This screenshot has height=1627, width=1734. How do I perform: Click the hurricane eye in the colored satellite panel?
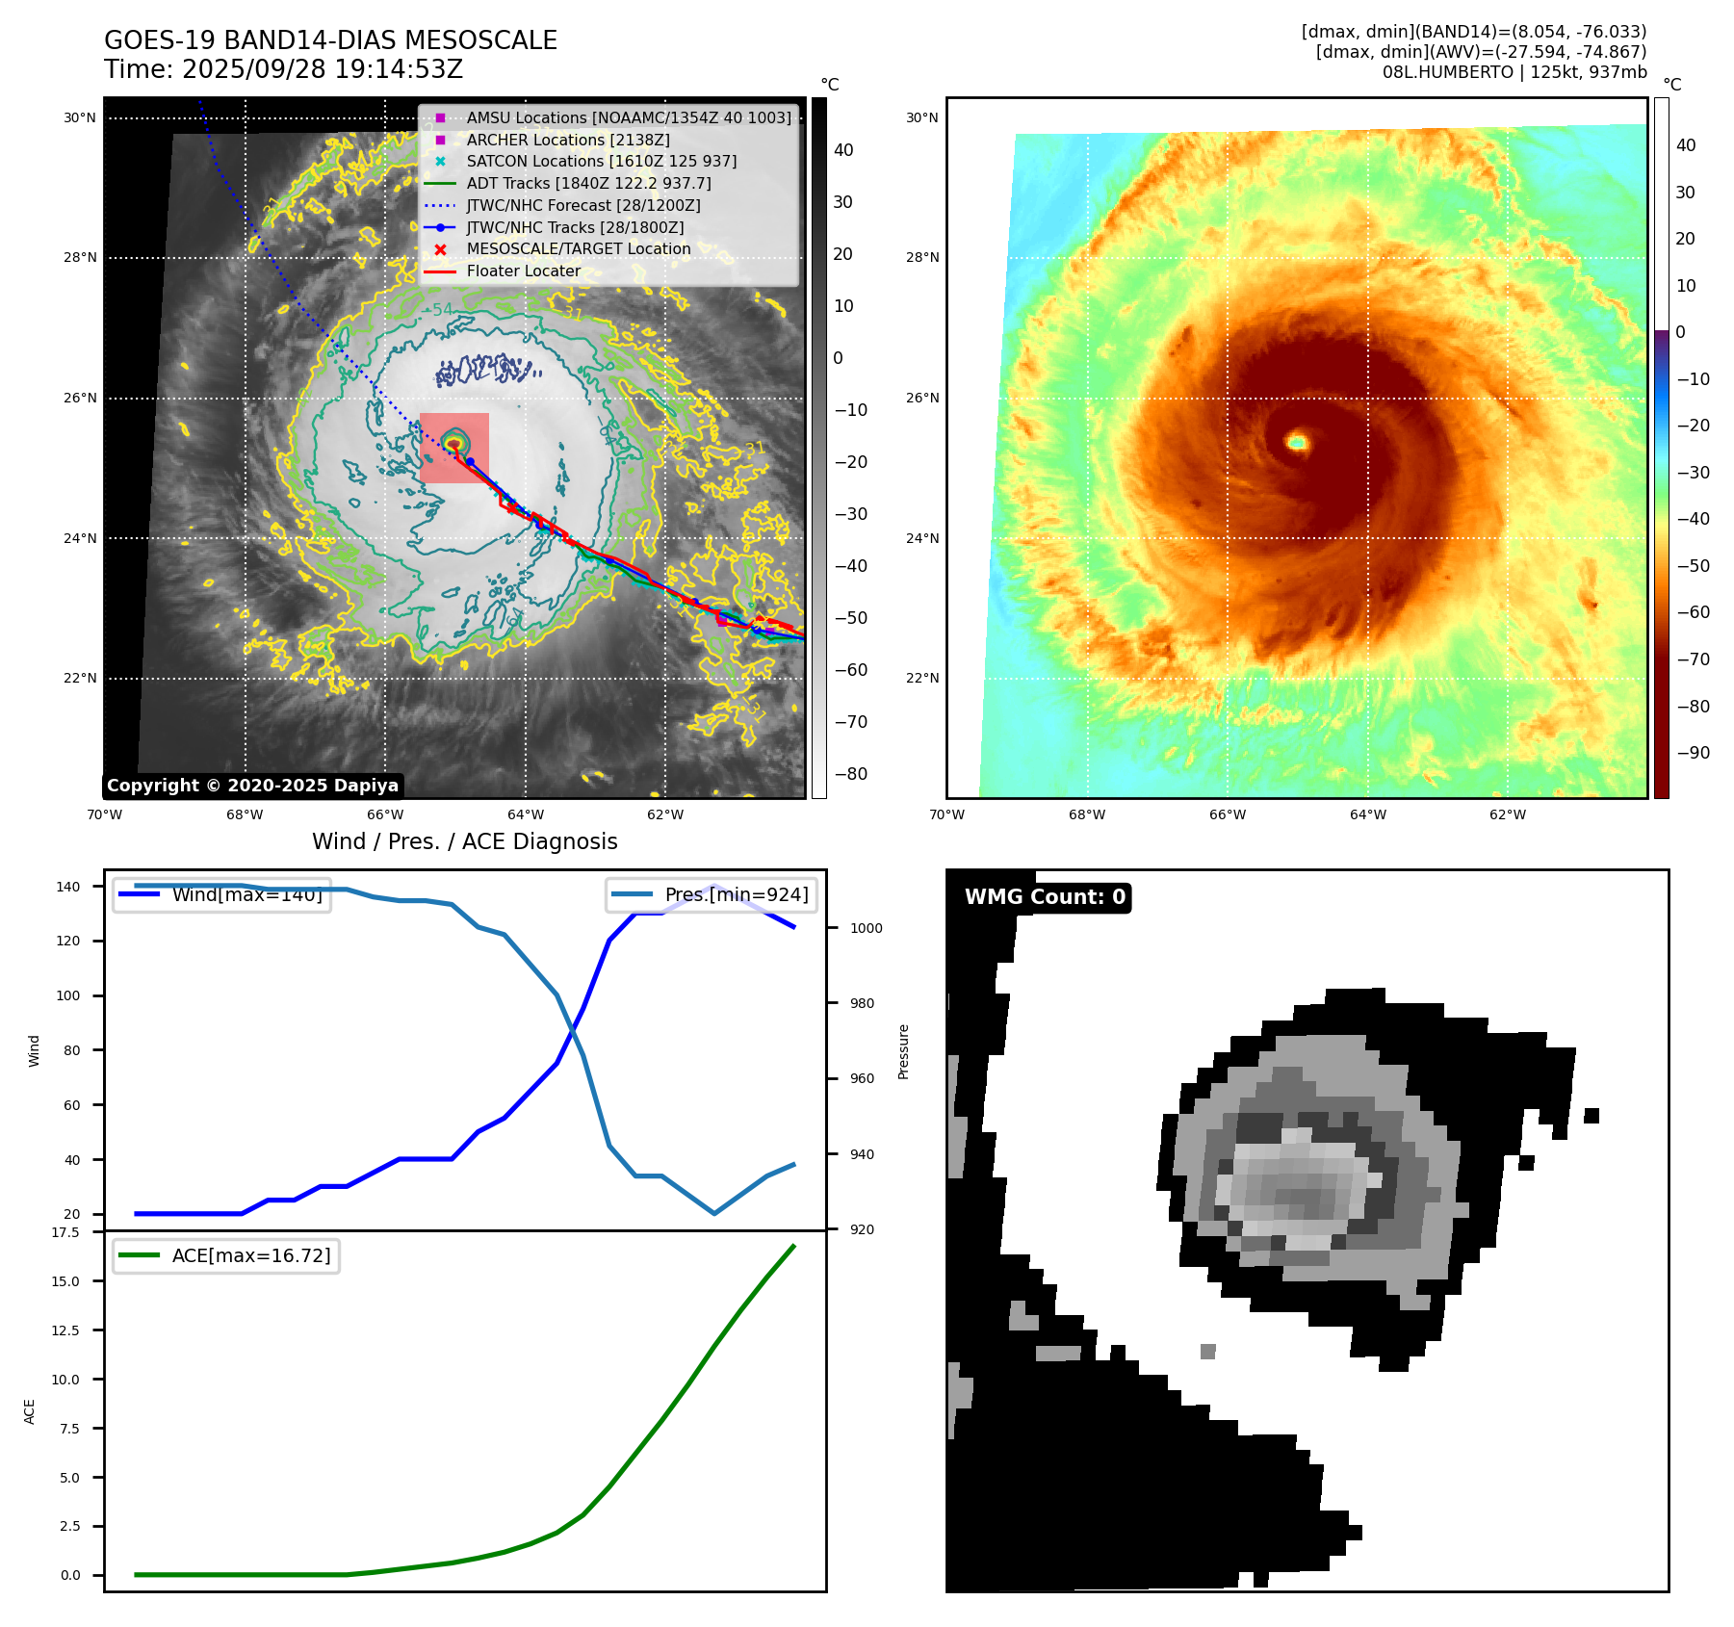point(1298,443)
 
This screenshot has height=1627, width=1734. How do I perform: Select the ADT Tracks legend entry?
point(588,183)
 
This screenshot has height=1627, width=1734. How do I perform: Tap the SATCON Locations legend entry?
point(601,161)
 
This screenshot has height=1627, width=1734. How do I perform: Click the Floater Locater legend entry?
point(523,271)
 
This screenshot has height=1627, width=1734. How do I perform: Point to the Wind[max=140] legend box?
point(221,895)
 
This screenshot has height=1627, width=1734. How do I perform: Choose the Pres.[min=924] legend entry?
point(712,895)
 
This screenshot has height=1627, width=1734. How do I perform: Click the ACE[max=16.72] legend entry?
point(227,1255)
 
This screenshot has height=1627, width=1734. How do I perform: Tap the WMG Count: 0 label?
point(1045,897)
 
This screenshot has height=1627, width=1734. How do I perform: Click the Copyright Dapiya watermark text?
point(252,786)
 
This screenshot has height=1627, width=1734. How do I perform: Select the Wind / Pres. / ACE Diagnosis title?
point(464,841)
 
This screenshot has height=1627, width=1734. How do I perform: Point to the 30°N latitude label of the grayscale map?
point(80,118)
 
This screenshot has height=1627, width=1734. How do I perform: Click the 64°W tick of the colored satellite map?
point(1367,814)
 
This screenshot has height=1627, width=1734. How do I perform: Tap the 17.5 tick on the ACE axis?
point(66,1232)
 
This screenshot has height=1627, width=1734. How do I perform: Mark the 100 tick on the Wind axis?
point(68,995)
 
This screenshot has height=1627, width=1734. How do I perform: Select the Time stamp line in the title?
point(284,69)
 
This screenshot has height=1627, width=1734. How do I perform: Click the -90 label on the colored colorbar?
point(1693,753)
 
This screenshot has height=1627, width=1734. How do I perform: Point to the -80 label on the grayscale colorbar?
point(850,774)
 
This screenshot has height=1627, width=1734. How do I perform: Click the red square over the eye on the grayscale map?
point(454,448)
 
